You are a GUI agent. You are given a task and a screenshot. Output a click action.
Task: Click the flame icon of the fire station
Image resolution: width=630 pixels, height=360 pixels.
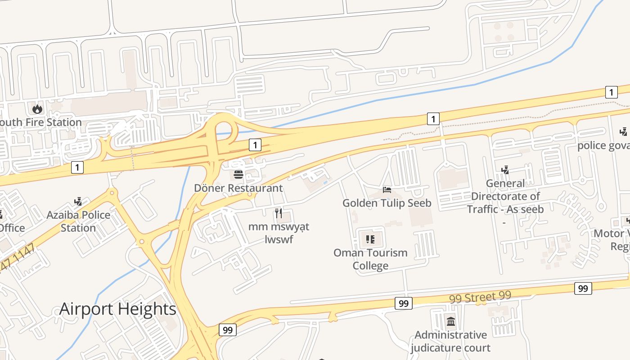tap(37, 108)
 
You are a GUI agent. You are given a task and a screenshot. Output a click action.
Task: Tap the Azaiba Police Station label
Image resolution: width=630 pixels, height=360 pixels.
tap(78, 221)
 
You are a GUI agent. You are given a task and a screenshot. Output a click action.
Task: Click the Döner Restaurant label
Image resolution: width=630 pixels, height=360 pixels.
tap(238, 188)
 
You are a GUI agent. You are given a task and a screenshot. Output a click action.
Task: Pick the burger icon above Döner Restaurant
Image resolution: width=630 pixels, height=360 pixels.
tap(238, 174)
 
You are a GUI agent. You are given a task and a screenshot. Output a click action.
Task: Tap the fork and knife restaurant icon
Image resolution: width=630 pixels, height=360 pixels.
tap(279, 213)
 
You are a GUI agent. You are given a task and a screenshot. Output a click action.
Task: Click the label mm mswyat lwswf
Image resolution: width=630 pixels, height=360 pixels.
tap(279, 233)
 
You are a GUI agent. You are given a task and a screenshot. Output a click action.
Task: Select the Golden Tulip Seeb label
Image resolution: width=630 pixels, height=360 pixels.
tap(387, 203)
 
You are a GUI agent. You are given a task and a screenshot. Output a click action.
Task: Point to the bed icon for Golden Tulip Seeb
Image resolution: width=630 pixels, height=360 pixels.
tap(387, 189)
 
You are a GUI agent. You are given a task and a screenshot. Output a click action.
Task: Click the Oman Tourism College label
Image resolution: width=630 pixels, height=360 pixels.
tap(370, 259)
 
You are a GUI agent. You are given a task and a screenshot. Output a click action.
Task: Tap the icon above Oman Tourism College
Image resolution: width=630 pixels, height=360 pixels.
tap(370, 239)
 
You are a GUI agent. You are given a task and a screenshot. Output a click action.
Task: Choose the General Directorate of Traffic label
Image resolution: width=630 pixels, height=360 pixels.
tap(505, 196)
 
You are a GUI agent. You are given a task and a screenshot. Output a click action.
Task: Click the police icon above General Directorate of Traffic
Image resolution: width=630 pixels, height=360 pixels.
tap(505, 170)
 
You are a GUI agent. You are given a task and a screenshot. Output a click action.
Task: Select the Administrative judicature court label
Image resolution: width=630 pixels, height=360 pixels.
tap(450, 341)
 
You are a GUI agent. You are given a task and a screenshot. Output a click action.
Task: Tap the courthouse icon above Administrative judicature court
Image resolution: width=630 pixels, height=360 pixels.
tap(450, 321)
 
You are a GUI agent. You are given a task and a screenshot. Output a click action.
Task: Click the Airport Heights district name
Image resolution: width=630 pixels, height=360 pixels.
tap(118, 309)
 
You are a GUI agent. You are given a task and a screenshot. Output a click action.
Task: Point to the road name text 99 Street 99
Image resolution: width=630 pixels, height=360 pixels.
tap(480, 297)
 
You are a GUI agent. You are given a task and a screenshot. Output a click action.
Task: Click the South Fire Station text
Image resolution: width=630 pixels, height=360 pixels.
tap(40, 122)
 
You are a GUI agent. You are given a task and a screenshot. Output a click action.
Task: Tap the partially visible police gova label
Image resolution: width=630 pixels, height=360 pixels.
tap(603, 145)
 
